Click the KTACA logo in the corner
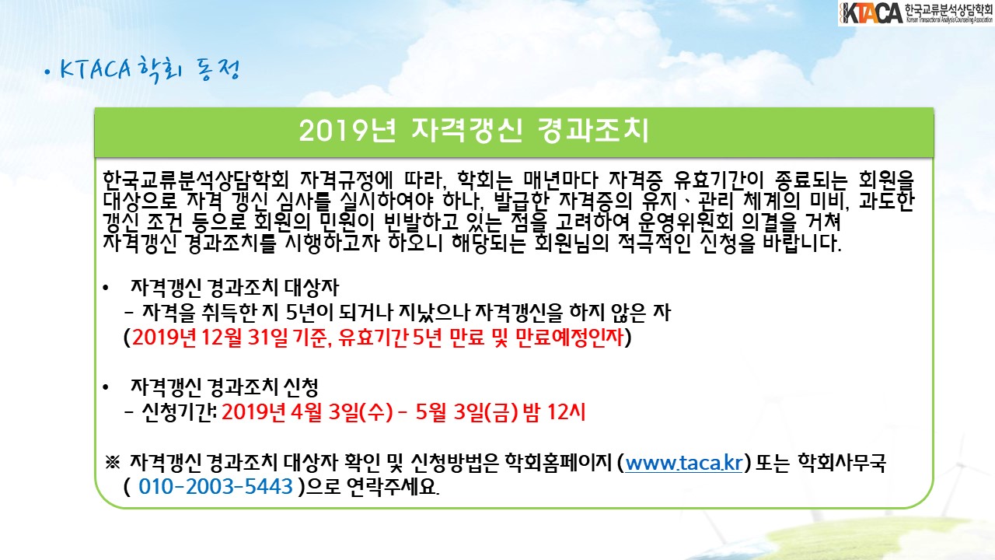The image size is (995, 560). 916,13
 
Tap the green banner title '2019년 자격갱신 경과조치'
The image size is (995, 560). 474,131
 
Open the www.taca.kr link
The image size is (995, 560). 683,463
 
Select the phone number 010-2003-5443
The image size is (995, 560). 215,487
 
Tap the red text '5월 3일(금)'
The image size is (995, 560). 467,412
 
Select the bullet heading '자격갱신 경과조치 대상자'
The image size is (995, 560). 235,288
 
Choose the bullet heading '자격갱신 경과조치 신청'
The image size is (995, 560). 225,387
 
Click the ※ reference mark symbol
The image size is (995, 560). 113,462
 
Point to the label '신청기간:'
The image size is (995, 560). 179,412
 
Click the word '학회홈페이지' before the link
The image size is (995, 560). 558,463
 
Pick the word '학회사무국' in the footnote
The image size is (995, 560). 842,463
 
